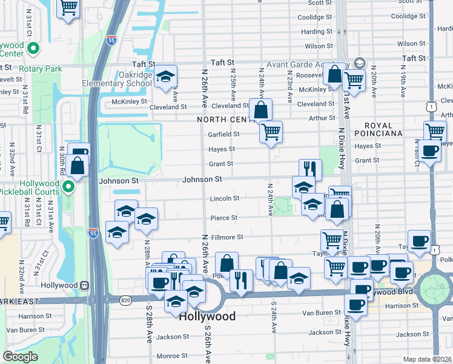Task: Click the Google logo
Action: click(20, 357)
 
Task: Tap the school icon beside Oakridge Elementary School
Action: click(165, 76)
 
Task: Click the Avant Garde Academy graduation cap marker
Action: click(360, 62)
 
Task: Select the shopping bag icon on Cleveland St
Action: click(260, 110)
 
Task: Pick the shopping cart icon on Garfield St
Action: click(271, 130)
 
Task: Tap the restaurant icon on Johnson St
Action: click(309, 168)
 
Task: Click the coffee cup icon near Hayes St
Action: click(431, 151)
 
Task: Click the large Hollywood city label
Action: click(208, 316)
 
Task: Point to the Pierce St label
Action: click(223, 217)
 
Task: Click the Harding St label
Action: click(313, 32)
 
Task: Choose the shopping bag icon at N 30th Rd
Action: click(78, 165)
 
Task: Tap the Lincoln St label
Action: click(225, 198)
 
